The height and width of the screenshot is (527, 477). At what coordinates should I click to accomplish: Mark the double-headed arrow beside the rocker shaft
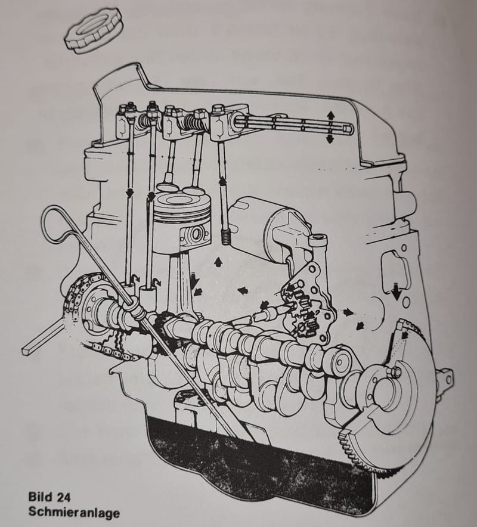click(329, 126)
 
